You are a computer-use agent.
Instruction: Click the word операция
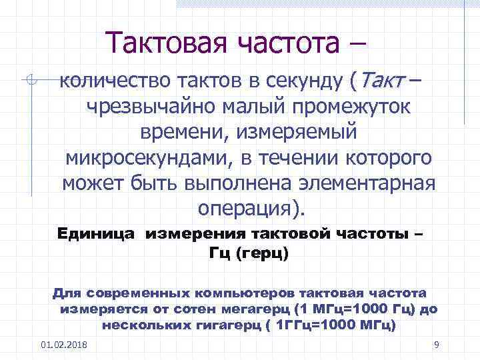(247, 208)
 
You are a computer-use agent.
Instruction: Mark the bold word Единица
(97, 234)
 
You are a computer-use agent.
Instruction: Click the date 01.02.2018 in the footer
(68, 345)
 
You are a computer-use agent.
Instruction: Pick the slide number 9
(435, 345)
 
